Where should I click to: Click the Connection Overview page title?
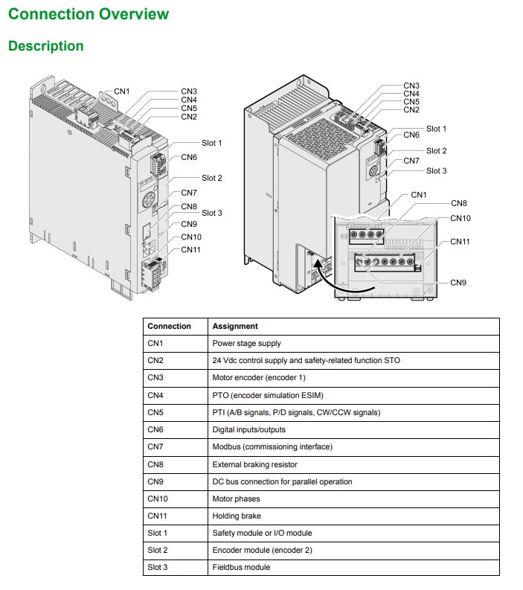(x=89, y=14)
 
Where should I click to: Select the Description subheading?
(x=46, y=46)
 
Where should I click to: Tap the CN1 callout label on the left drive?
(x=121, y=92)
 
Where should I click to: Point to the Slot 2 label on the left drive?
(x=212, y=178)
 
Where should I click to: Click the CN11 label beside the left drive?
(x=190, y=250)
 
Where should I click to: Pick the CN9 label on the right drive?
(x=458, y=283)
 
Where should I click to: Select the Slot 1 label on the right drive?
(x=437, y=129)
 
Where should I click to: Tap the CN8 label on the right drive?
(x=459, y=203)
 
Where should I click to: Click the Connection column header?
(x=170, y=326)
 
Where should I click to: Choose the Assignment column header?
(x=235, y=326)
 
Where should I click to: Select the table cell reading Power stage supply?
(x=246, y=343)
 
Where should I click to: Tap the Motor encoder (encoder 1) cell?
(x=259, y=377)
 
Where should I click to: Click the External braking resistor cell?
(x=254, y=464)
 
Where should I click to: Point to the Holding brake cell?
(x=237, y=516)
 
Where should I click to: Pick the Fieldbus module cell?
(x=241, y=567)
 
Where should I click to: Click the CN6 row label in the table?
(x=155, y=430)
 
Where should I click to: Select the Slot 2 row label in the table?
(x=157, y=550)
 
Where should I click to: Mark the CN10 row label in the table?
(x=158, y=498)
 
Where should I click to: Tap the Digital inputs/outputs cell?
(x=249, y=430)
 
